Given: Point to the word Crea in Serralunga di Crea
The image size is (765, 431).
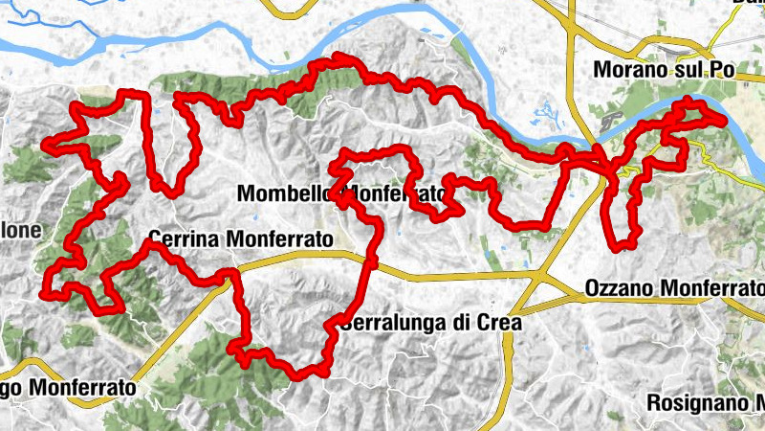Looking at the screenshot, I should click(499, 323).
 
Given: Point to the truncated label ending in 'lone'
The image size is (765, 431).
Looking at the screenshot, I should click(21, 231).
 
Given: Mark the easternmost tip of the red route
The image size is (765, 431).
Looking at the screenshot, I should click(727, 117).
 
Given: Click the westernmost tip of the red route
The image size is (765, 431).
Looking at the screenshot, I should click(43, 147).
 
